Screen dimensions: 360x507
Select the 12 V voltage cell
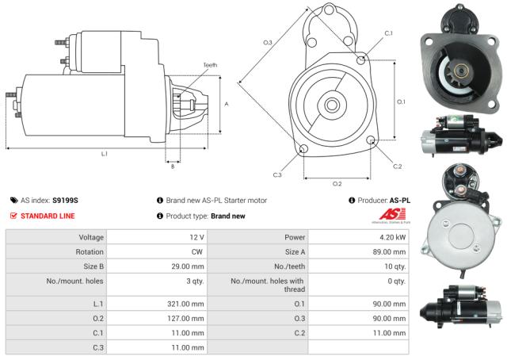tap(196, 237)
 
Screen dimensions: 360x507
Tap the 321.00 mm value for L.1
tap(187, 304)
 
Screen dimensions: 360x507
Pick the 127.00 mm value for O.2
tap(187, 318)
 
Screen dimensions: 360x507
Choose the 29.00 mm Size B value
tap(189, 267)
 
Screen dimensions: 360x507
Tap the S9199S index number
tap(66, 201)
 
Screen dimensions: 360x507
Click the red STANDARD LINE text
tap(48, 216)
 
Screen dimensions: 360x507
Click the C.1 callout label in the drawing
tap(388, 33)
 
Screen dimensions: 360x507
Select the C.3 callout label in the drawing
tap(277, 174)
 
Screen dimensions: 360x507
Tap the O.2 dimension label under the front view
tap(336, 184)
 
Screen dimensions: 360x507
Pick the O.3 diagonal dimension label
tap(268, 42)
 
